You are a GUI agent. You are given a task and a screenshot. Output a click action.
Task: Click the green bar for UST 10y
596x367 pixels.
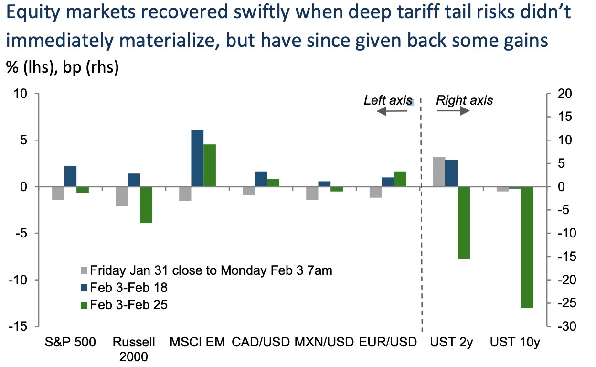click(x=527, y=248)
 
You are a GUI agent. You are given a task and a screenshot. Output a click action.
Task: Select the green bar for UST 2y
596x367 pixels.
click(x=464, y=223)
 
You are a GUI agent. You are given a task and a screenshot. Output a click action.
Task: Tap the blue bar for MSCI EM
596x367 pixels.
click(x=197, y=158)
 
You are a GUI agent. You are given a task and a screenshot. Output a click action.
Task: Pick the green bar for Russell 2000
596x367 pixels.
click(x=146, y=205)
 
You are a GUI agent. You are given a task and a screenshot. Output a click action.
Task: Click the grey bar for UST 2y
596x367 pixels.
click(x=439, y=172)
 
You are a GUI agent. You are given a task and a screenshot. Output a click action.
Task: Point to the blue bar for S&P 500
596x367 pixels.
click(x=70, y=176)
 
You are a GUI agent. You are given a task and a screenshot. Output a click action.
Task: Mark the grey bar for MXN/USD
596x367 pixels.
click(x=312, y=193)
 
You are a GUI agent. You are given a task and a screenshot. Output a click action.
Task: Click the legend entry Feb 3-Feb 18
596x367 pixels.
click(x=128, y=287)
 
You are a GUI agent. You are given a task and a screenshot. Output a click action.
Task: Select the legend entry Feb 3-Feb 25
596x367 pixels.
click(x=128, y=304)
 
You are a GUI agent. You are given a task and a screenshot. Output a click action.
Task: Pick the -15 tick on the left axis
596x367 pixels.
click(x=19, y=326)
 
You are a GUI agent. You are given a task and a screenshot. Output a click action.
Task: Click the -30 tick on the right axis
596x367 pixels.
click(x=563, y=326)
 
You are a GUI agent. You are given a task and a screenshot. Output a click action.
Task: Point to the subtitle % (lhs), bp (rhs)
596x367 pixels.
click(x=62, y=67)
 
